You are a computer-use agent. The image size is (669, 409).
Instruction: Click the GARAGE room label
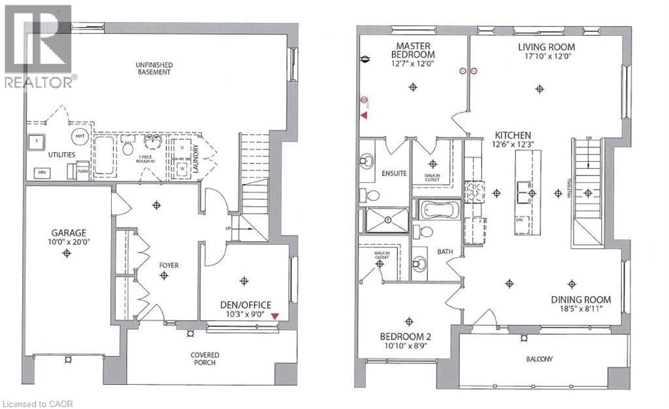pos(67,233)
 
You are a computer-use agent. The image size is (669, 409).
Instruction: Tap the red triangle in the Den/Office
pos(275,316)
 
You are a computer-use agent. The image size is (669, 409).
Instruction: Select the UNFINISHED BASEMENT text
pos(153,68)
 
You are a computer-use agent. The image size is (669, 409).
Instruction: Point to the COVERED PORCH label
pos(205,359)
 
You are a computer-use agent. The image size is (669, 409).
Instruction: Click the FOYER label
pos(167,265)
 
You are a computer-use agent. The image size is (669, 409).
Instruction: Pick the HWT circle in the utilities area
pos(80,135)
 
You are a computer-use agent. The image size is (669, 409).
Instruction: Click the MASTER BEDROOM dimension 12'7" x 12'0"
pos(413,64)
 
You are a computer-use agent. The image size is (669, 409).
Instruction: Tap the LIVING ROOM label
pos(546,47)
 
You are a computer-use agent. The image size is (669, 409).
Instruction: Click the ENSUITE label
pos(395,174)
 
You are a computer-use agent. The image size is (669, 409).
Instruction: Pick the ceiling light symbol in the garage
pos(67,253)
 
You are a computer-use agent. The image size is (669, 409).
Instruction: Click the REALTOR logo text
pos(38,82)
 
